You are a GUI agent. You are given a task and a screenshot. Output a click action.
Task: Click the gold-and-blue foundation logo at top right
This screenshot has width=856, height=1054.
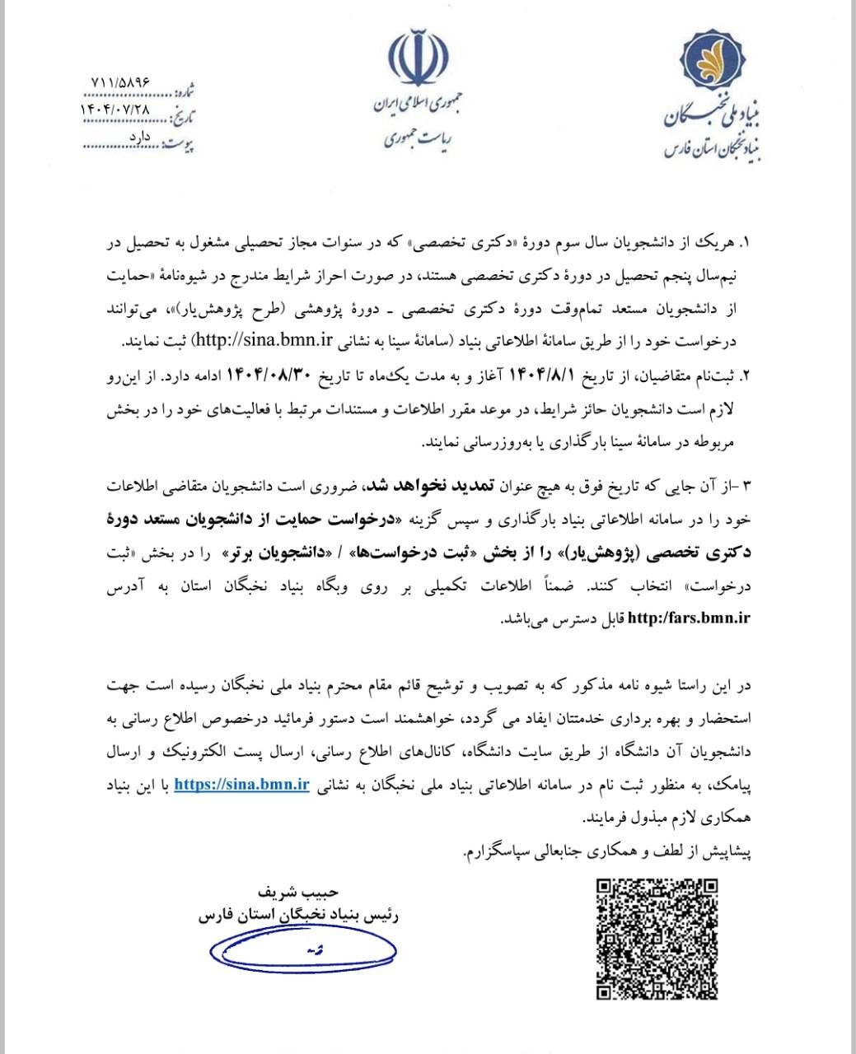click(721, 62)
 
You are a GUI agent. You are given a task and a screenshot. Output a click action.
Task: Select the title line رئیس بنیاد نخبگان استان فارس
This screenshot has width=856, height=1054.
click(297, 915)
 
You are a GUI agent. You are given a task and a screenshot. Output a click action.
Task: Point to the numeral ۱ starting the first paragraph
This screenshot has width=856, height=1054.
click(746, 245)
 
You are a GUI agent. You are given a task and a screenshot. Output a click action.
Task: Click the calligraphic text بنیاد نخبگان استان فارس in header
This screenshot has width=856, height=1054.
click(713, 147)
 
